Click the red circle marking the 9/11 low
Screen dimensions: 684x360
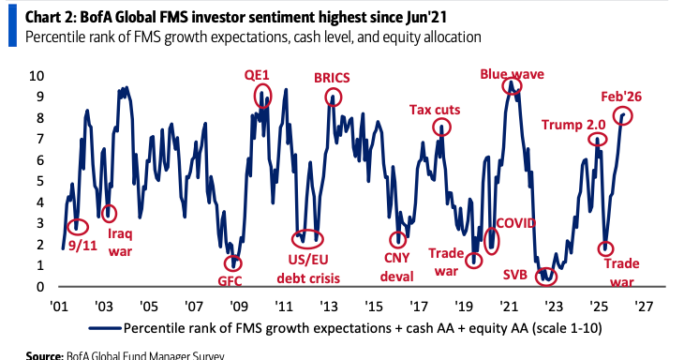[67, 227]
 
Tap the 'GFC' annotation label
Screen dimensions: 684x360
[230, 280]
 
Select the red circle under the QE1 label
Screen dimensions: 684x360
[254, 96]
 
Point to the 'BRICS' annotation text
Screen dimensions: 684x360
[332, 78]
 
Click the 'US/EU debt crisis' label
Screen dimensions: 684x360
[308, 269]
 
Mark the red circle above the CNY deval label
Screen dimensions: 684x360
[390, 239]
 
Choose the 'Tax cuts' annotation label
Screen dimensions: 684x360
[435, 110]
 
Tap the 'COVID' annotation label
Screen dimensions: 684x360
[515, 223]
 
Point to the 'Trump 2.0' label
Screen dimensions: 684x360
[573, 125]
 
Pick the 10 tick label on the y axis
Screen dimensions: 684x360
[37, 76]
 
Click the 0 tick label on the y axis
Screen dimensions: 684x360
[40, 287]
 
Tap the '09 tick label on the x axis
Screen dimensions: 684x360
[238, 307]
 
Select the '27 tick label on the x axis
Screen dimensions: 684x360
[644, 307]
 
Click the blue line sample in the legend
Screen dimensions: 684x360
[105, 328]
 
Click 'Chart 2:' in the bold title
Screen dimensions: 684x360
[50, 18]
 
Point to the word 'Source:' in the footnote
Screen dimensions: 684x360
[44, 355]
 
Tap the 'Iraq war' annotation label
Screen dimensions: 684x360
[120, 243]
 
